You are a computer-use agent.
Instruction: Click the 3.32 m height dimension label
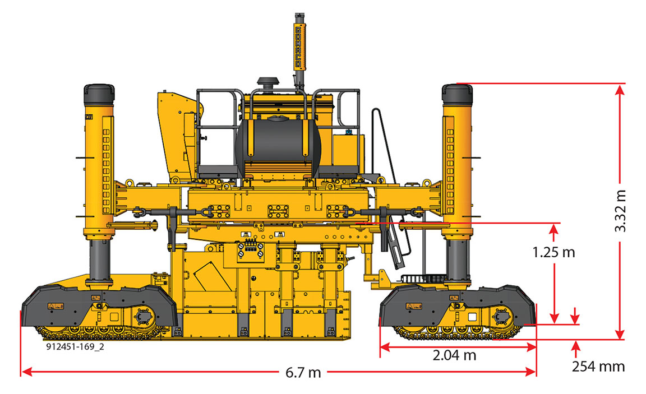point(620,211)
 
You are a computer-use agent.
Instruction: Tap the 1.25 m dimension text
point(553,252)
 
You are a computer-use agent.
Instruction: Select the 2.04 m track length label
point(454,355)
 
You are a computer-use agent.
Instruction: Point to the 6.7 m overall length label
point(303,372)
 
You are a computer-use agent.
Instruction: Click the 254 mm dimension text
point(598,366)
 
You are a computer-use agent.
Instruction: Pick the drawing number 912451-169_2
point(75,347)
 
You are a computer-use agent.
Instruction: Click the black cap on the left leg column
point(99,94)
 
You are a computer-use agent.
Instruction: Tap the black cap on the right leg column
point(457,94)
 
